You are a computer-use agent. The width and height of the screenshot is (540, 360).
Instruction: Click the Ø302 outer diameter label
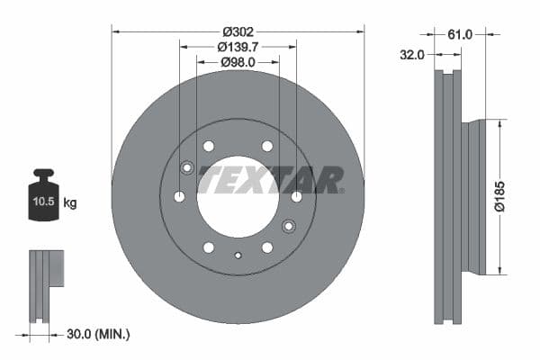point(238,31)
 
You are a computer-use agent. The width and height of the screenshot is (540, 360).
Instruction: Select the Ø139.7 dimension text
point(238,47)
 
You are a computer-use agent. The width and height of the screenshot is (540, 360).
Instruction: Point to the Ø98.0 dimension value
point(238,62)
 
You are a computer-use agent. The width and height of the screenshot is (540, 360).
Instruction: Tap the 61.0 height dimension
point(460,34)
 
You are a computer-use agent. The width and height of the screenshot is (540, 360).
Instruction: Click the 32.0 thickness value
point(412,55)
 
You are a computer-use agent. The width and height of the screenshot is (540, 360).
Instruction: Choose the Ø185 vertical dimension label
point(512,197)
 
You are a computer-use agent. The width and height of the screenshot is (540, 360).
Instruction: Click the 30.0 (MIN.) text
point(99,334)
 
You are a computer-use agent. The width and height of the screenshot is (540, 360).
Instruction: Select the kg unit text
point(71,203)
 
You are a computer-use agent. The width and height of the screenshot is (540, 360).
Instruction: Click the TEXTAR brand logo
point(271,180)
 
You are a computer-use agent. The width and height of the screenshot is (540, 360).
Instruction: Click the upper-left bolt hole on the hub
point(209,146)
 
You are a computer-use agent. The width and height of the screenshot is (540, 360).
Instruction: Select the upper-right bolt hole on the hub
point(267,146)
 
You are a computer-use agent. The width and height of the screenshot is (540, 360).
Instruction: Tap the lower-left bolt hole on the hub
point(209,247)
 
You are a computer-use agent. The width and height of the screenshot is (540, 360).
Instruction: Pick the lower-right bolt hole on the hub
point(267,247)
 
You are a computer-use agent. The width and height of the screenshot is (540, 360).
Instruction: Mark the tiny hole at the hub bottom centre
point(238,256)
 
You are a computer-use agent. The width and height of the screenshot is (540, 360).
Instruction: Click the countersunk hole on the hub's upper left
point(187,167)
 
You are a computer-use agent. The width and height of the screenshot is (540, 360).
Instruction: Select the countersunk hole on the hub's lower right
point(289,226)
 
